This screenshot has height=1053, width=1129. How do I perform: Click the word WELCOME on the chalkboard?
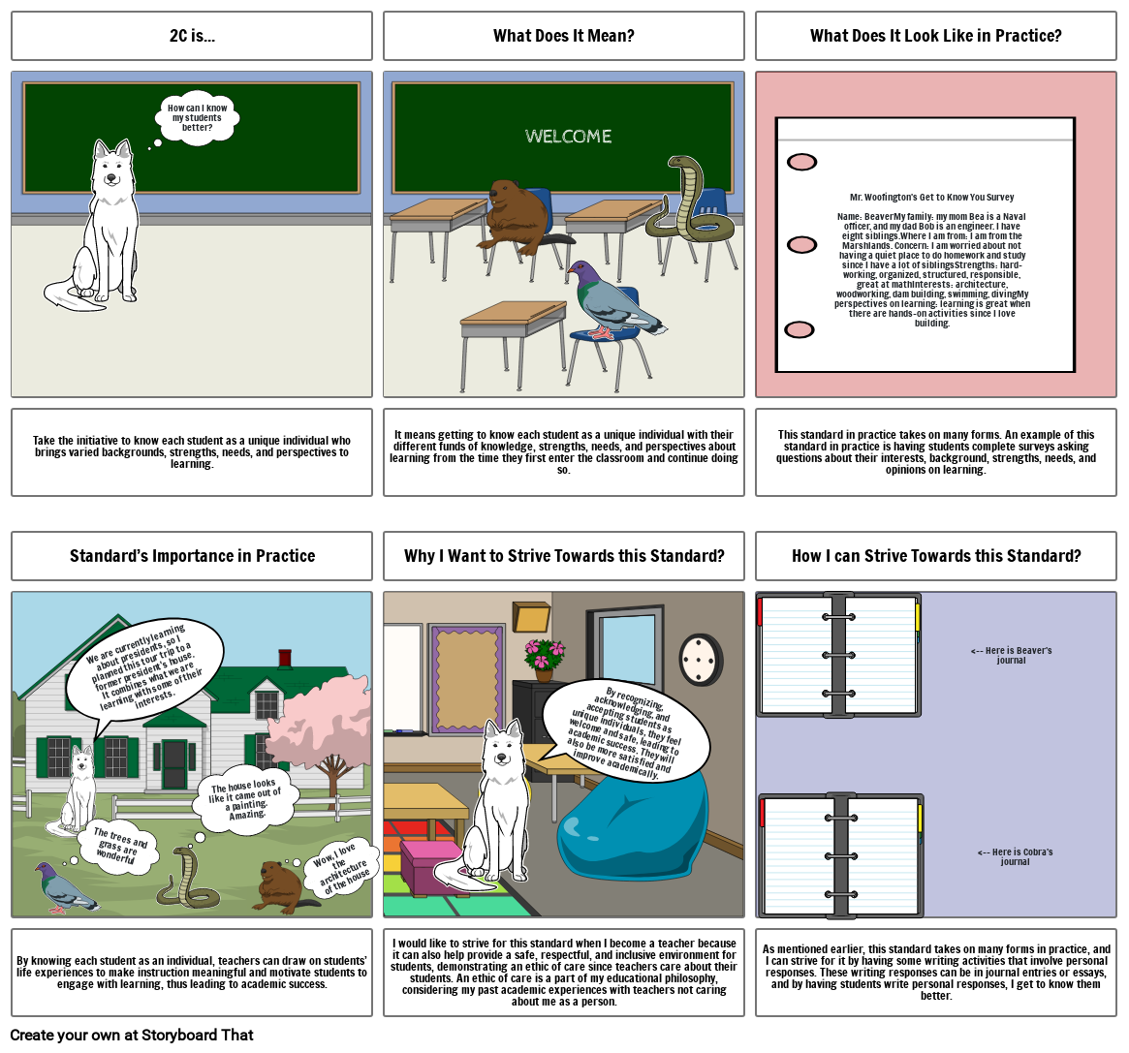coord(568,137)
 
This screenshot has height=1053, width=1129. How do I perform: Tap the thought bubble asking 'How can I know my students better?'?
coord(197,118)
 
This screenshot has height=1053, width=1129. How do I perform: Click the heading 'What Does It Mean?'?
coord(563,36)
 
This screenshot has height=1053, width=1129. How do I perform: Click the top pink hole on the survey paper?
coord(801,162)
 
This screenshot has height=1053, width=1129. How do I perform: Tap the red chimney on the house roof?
coord(285,658)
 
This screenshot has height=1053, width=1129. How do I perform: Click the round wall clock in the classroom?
coord(700,660)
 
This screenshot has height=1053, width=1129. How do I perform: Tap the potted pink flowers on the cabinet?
coord(543,657)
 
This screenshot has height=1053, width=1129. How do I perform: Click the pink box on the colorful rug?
coord(431,865)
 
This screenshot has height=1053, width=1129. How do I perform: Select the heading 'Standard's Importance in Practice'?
coord(192,556)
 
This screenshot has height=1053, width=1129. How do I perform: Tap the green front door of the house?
coord(174,764)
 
